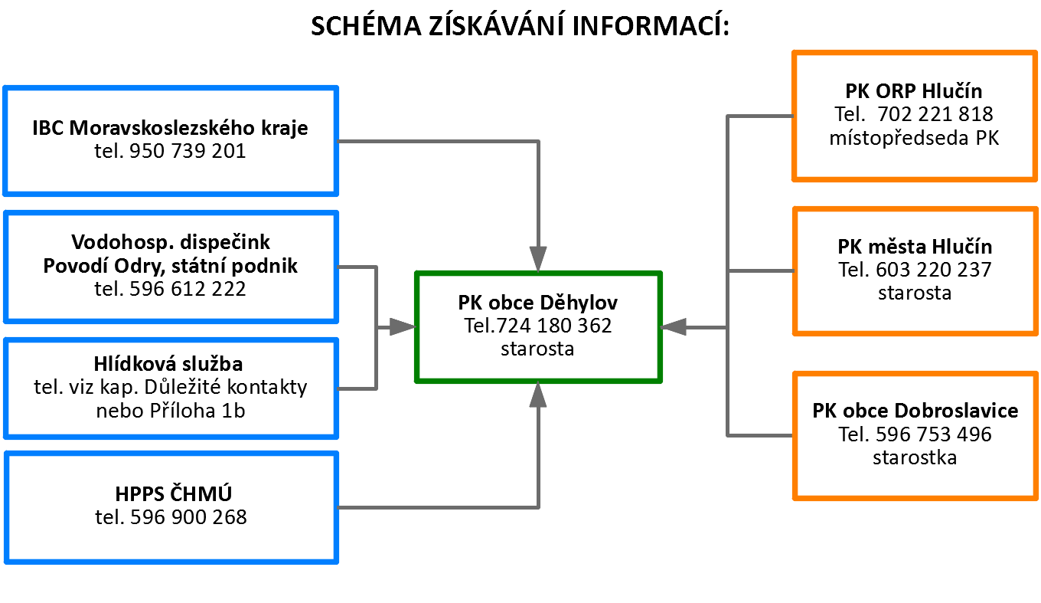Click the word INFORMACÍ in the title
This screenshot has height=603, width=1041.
(651, 25)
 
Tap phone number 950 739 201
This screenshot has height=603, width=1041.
(188, 151)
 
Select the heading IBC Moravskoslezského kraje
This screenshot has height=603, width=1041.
(170, 128)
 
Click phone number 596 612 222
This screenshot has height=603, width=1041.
(188, 289)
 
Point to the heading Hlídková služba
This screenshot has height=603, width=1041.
(168, 364)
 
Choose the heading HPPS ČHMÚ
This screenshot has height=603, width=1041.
(173, 493)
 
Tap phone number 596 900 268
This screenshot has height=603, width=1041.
(188, 517)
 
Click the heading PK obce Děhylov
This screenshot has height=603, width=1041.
(537, 303)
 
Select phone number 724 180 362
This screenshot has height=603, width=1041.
(553, 326)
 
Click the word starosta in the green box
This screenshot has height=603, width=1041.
(537, 349)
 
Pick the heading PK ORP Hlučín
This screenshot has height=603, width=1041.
(914, 91)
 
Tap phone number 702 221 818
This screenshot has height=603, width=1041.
(935, 114)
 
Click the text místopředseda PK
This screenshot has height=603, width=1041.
(914, 138)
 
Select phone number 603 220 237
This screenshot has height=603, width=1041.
(933, 270)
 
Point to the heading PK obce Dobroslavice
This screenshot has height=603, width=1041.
(915, 411)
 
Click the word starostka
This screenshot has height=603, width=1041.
(915, 458)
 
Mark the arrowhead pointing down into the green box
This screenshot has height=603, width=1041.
(538, 259)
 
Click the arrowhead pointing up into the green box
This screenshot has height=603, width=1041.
(538, 395)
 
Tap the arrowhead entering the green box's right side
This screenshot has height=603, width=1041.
(674, 327)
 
